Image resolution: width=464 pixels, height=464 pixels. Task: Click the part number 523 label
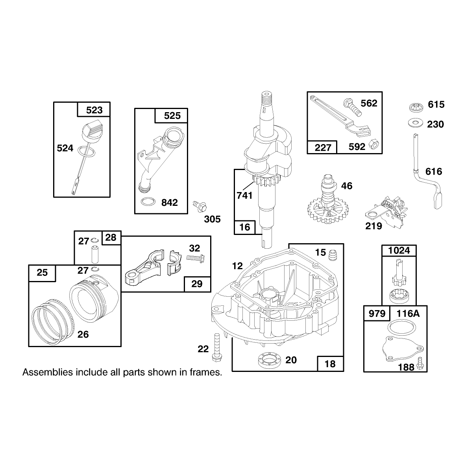[x=94, y=110]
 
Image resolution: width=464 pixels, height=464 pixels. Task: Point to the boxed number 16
[x=244, y=227]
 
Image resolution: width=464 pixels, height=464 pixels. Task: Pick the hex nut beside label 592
[x=374, y=144]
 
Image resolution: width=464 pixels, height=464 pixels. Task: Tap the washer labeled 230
[x=416, y=123]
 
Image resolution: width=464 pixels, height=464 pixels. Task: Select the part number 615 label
[x=436, y=104]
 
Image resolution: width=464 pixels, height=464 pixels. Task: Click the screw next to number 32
[x=196, y=258]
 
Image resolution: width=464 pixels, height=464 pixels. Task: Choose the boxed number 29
[x=197, y=284]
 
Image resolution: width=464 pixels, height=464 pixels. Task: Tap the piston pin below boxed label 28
[x=95, y=255]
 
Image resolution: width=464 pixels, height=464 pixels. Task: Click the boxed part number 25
[x=42, y=272]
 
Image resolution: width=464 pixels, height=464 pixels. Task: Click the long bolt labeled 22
[x=216, y=347]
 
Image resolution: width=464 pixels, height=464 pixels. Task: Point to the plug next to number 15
[x=333, y=254]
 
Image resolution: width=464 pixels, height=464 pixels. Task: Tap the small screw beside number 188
[x=419, y=364]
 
